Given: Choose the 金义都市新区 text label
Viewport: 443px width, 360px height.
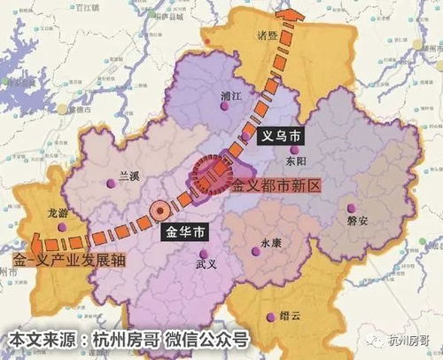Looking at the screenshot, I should (x=275, y=188).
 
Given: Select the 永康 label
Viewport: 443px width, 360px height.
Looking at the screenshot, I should (x=272, y=242).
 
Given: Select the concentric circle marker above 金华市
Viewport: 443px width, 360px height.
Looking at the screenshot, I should (x=160, y=211).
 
